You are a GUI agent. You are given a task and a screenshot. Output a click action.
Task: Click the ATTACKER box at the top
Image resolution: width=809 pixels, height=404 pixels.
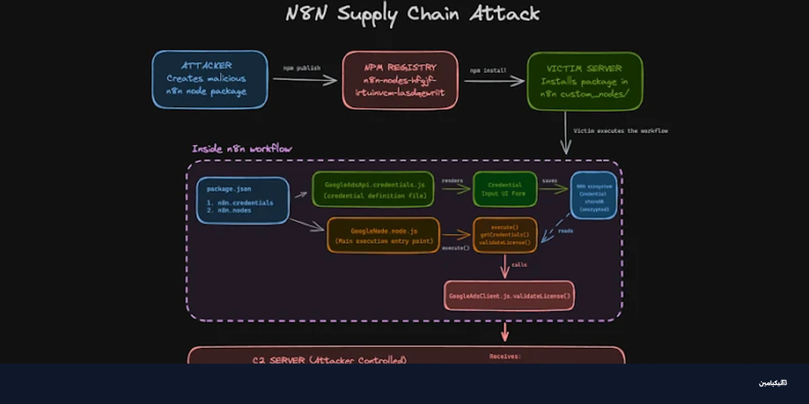click(x=210, y=79)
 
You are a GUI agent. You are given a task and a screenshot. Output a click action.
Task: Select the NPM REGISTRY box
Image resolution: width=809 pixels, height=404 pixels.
click(x=400, y=80)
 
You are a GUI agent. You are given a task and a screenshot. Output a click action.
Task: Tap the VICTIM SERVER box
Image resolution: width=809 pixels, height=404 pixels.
click(x=585, y=81)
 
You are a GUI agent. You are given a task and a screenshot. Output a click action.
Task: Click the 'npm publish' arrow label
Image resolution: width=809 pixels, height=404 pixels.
click(x=302, y=68)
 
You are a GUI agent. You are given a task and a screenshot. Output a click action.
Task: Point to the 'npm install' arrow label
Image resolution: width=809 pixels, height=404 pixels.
click(x=488, y=70)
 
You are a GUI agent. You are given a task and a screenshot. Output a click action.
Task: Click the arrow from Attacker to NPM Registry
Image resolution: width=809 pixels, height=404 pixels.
click(x=305, y=80)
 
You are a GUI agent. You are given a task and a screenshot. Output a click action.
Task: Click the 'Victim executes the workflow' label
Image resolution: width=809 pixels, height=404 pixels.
click(x=620, y=131)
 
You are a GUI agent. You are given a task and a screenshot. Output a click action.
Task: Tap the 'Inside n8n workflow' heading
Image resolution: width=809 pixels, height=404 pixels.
click(x=242, y=149)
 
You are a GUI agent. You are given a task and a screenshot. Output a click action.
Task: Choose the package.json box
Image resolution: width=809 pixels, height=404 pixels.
click(x=242, y=200)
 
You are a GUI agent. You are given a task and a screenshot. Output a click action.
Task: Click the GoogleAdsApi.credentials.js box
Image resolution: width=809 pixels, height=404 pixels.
click(x=373, y=189)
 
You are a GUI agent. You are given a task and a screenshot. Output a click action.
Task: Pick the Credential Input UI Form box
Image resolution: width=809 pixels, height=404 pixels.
click(x=505, y=189)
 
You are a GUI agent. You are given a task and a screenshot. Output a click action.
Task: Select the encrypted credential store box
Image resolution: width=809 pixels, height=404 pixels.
click(x=594, y=195)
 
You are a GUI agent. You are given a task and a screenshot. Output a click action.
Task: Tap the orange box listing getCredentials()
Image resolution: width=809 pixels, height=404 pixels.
click(x=505, y=235)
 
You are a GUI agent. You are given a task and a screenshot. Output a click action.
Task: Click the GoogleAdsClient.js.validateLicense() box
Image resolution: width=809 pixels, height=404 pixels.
click(x=509, y=296)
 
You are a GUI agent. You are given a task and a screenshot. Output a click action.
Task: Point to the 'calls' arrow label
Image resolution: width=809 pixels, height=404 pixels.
click(x=519, y=265)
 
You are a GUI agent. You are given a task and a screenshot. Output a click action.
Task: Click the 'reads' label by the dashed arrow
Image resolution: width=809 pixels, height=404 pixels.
click(x=565, y=231)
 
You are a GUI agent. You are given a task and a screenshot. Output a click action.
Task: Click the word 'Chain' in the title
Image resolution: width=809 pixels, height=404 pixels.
click(x=433, y=14)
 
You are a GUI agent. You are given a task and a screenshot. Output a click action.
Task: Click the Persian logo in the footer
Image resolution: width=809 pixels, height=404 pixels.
click(x=773, y=383)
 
